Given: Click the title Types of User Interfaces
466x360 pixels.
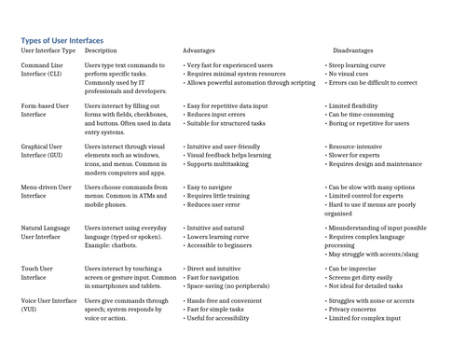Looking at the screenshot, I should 62,40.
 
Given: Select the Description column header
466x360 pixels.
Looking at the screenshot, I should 101,50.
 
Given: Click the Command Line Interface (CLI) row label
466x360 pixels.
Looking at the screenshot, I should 42,70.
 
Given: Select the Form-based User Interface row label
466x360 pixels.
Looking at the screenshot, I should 44,110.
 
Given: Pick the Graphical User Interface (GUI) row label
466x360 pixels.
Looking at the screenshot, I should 44,151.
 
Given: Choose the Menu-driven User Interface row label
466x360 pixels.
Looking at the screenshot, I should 45,192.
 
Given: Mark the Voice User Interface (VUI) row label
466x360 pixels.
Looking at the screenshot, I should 48,306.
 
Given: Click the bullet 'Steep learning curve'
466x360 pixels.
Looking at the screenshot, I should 358,66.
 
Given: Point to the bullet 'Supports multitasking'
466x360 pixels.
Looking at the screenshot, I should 219,163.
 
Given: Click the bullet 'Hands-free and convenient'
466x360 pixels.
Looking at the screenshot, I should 225,301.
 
